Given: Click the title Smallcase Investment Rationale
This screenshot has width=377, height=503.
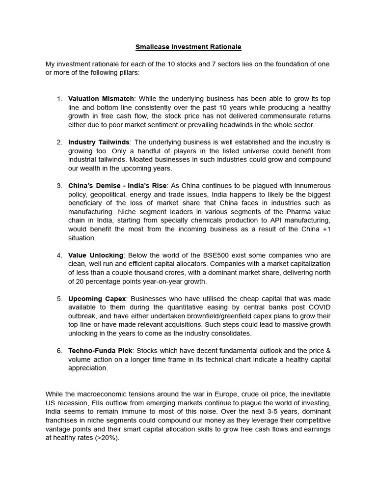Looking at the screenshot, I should click(188, 47).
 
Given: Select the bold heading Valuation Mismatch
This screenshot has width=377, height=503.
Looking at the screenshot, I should click(101, 99).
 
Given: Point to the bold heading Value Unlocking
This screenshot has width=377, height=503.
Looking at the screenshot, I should click(96, 255).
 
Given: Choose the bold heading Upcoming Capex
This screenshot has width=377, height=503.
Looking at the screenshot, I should click(97, 299).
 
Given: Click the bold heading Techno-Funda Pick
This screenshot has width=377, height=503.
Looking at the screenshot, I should click(100, 351).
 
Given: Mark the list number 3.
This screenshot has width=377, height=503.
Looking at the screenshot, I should click(59, 186).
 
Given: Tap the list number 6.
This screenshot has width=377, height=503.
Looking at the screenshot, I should click(59, 351).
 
